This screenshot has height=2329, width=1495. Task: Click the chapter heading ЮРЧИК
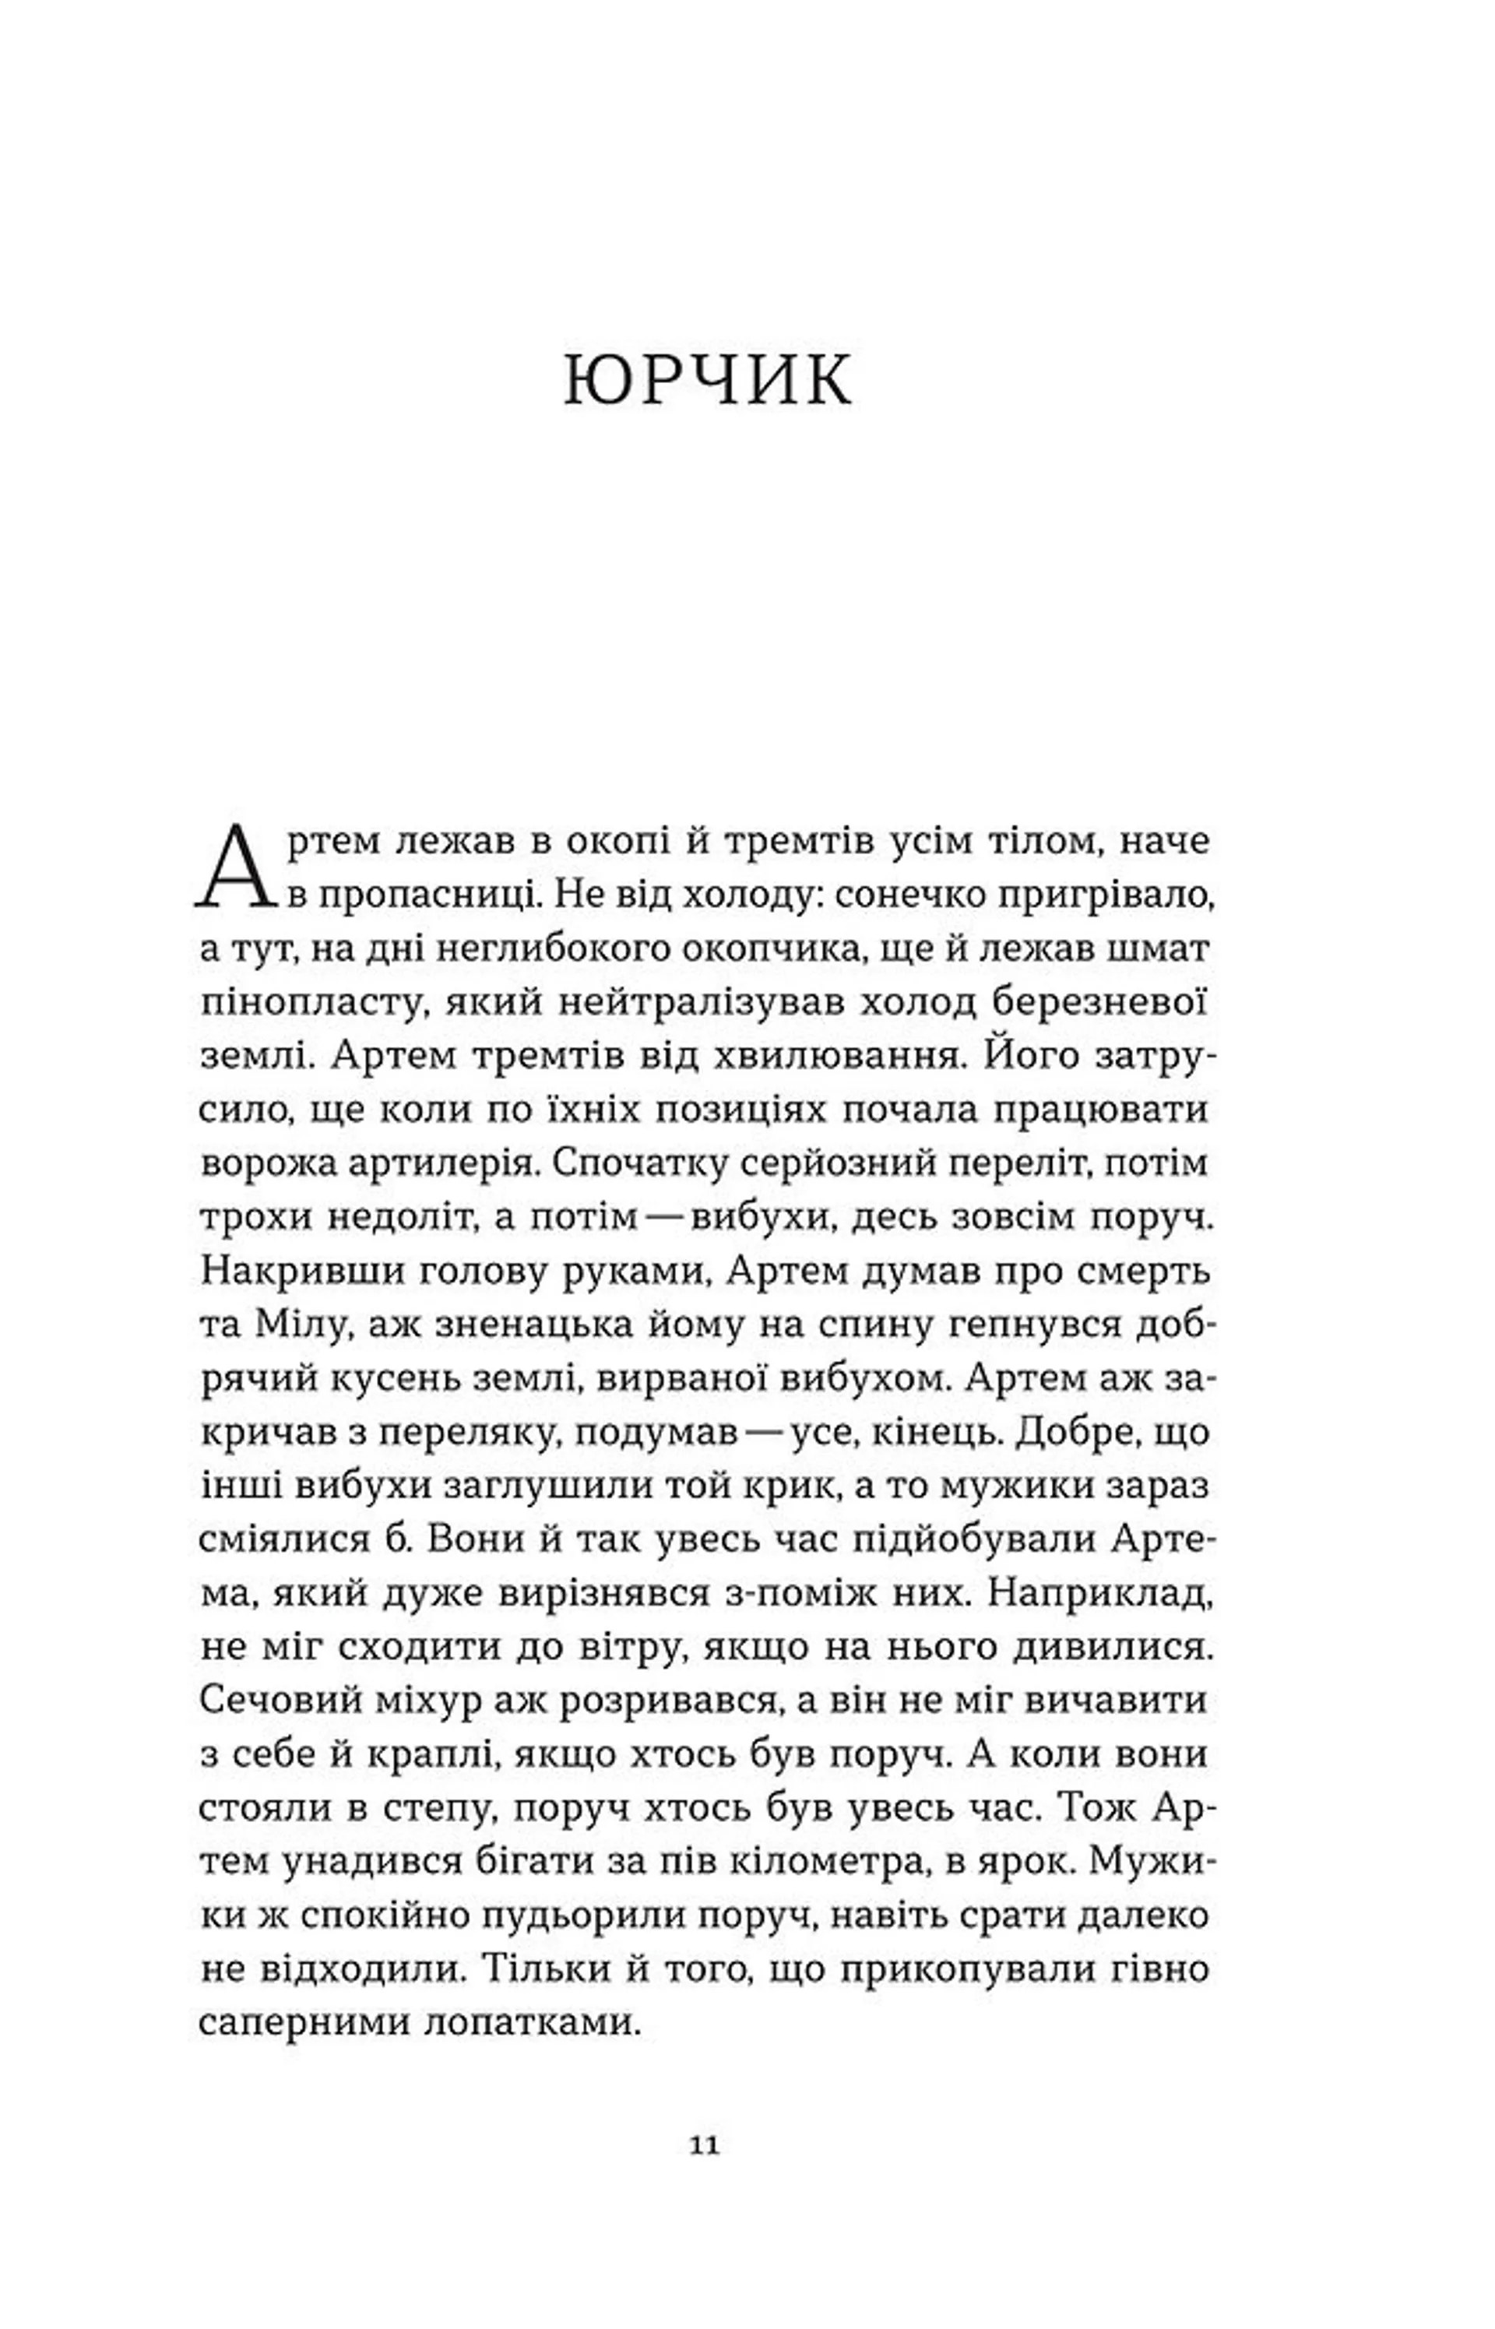(x=708, y=379)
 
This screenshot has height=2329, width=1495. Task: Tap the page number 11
(x=705, y=2145)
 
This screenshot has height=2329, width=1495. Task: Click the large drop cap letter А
(x=236, y=867)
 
